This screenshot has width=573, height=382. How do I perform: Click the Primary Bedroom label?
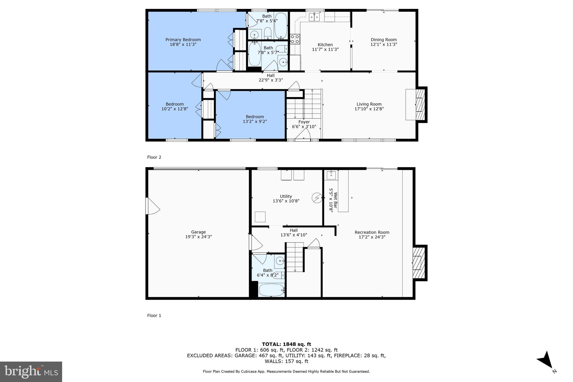[x=183, y=40]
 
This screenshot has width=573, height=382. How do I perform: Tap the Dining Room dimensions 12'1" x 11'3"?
[x=384, y=44]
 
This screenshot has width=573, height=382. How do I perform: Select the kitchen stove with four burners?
[x=295, y=39]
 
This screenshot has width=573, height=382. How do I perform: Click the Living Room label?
[x=369, y=104]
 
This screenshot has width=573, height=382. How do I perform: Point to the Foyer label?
[x=304, y=122]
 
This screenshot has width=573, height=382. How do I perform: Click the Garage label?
[x=198, y=232]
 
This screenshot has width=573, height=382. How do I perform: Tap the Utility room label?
[x=286, y=196]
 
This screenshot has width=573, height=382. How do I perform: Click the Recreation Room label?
[x=372, y=232]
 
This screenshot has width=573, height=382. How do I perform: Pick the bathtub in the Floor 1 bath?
[x=271, y=290]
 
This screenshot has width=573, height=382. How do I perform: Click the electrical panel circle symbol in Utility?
[x=317, y=198]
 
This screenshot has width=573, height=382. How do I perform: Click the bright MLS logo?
[x=31, y=372]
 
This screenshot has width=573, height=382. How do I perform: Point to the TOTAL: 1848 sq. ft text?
[x=286, y=344]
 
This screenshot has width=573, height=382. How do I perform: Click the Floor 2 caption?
[x=154, y=157]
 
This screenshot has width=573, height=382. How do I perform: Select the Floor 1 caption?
[x=154, y=315]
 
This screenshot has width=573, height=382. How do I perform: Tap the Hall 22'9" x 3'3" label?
[x=270, y=78]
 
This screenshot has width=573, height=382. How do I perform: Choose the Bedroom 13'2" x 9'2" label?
[x=255, y=119]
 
